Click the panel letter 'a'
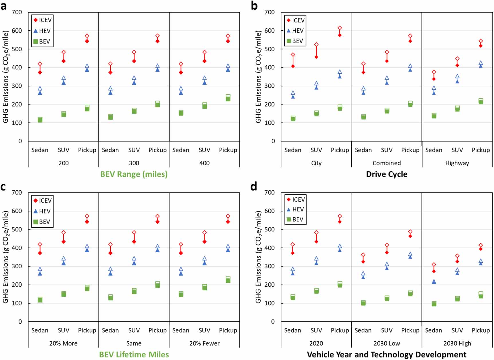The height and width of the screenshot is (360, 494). [4, 6]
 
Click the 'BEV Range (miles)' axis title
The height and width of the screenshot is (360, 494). [134, 174]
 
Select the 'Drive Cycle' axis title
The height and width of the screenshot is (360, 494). [387, 174]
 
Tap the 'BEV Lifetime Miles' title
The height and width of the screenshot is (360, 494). [134, 355]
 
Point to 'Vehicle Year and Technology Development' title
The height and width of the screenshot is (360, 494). [387, 355]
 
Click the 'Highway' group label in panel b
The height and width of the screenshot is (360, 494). [457, 163]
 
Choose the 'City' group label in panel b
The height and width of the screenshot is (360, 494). [316, 163]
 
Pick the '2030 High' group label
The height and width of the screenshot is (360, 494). [457, 343]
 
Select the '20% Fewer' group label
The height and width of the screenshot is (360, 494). [204, 343]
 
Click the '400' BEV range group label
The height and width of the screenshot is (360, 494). [204, 163]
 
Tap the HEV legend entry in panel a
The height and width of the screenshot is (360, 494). [42, 31]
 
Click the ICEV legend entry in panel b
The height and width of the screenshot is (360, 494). [296, 20]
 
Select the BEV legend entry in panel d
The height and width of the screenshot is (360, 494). [295, 219]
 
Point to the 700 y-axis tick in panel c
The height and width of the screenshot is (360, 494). [17, 192]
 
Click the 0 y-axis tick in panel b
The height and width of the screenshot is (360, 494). [273, 141]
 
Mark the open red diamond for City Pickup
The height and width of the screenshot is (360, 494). [340, 28]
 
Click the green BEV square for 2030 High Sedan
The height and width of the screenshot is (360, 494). [434, 304]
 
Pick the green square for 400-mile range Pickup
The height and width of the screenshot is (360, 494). [228, 98]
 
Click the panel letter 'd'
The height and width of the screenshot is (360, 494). [254, 187]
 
